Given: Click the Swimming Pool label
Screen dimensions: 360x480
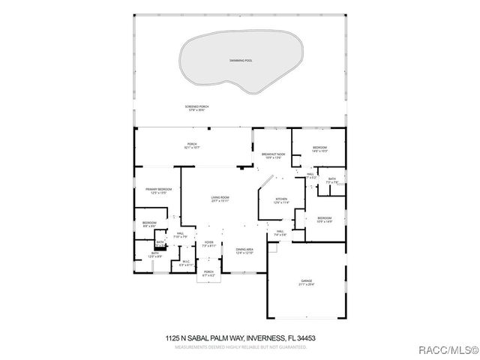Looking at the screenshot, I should click(x=240, y=59).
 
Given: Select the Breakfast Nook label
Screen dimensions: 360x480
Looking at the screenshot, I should click(x=271, y=155).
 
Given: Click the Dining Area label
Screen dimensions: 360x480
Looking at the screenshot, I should click(x=244, y=251).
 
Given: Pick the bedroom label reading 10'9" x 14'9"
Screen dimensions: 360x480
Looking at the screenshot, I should click(x=324, y=219).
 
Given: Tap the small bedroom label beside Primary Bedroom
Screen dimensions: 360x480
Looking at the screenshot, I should click(x=149, y=224).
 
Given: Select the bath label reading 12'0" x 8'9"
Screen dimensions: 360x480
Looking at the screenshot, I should click(x=154, y=255).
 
